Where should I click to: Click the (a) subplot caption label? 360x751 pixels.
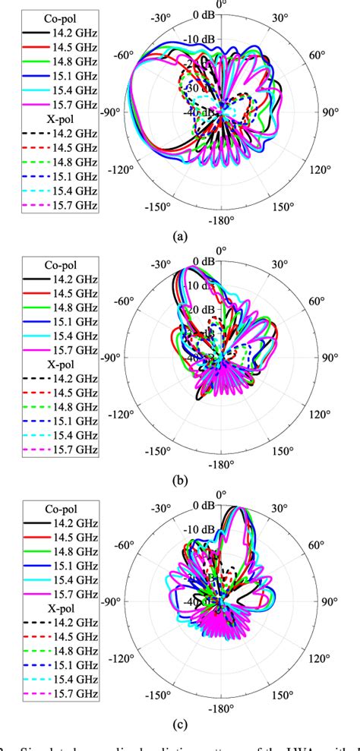coord(179,237)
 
